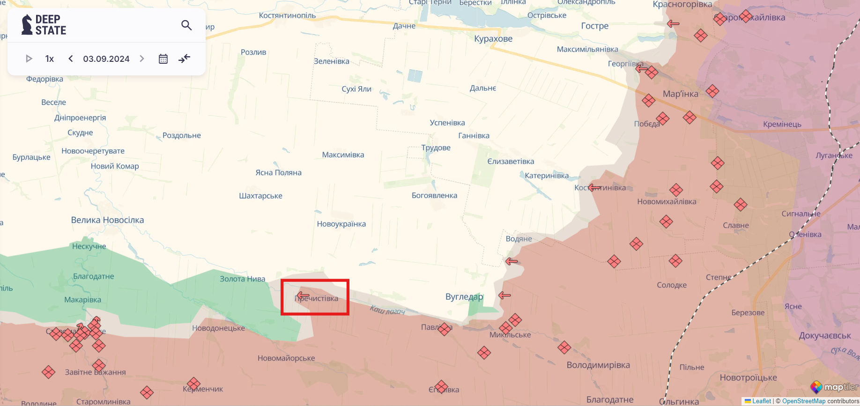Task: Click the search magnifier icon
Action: tap(186, 25)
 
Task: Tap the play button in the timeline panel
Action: tap(29, 59)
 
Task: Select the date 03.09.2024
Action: tap(106, 59)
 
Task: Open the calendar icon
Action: tap(163, 59)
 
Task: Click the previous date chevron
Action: tap(71, 59)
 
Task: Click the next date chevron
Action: tap(142, 59)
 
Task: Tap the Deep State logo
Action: tap(44, 25)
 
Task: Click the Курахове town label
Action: tap(493, 39)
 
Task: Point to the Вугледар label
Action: tap(464, 296)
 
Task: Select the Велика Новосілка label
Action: tap(107, 220)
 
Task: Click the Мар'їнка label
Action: tap(680, 94)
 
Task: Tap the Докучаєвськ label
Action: tap(824, 336)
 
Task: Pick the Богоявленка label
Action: tap(434, 195)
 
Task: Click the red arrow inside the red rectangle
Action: tap(303, 295)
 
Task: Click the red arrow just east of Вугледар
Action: tap(504, 295)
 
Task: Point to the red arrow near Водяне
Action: tap(512, 261)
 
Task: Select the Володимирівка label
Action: tap(598, 365)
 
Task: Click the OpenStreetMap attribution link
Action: tap(803, 401)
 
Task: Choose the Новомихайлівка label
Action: tap(667, 202)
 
